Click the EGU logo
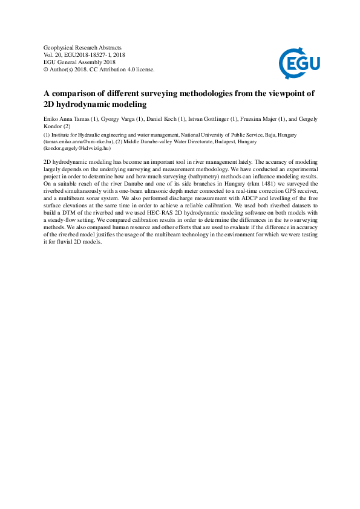[x=299, y=60]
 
